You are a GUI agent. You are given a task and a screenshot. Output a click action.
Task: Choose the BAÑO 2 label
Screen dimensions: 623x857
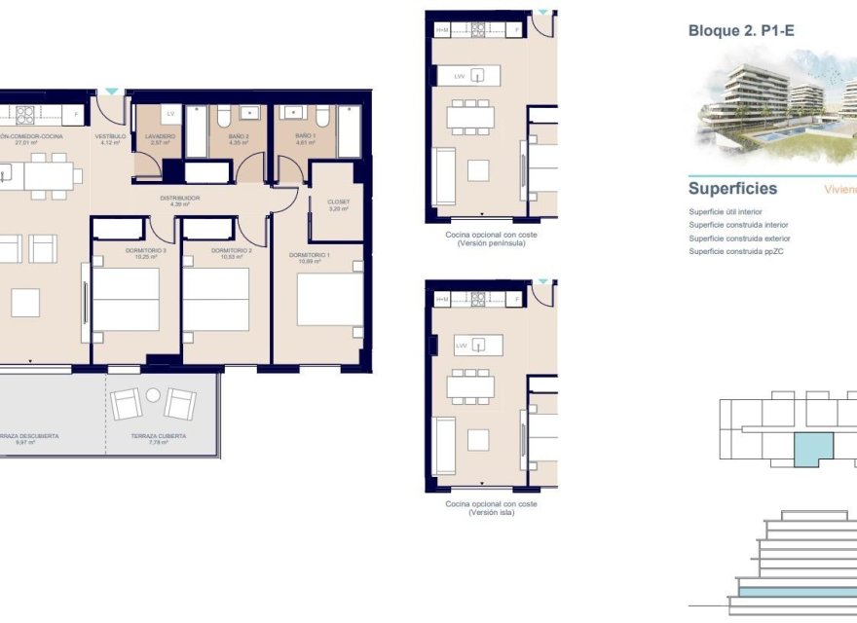pyautogui.click(x=240, y=138)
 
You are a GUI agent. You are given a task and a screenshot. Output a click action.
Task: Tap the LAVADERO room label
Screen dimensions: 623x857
pyautogui.click(x=161, y=138)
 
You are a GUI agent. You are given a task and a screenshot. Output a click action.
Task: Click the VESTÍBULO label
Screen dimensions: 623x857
pyautogui.click(x=110, y=138)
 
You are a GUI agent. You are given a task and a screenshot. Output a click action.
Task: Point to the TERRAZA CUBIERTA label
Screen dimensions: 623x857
pyautogui.click(x=159, y=437)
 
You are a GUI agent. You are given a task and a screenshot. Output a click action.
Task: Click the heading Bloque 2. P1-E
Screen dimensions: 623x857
pyautogui.click(x=741, y=31)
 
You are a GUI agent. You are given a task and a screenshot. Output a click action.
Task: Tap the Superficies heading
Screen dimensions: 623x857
pyautogui.click(x=732, y=188)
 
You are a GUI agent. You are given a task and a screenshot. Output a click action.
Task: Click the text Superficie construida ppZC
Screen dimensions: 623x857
pyautogui.click(x=735, y=252)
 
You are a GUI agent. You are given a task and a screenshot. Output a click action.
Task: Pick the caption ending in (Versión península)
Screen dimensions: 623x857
pyautogui.click(x=491, y=238)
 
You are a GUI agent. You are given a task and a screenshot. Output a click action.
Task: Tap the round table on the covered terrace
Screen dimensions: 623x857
pyautogui.click(x=153, y=394)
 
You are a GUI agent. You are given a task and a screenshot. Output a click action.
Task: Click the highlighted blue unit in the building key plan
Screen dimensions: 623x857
pyautogui.click(x=812, y=451)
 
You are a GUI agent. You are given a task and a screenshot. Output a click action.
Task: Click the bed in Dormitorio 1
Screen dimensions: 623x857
pyautogui.click(x=329, y=300)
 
